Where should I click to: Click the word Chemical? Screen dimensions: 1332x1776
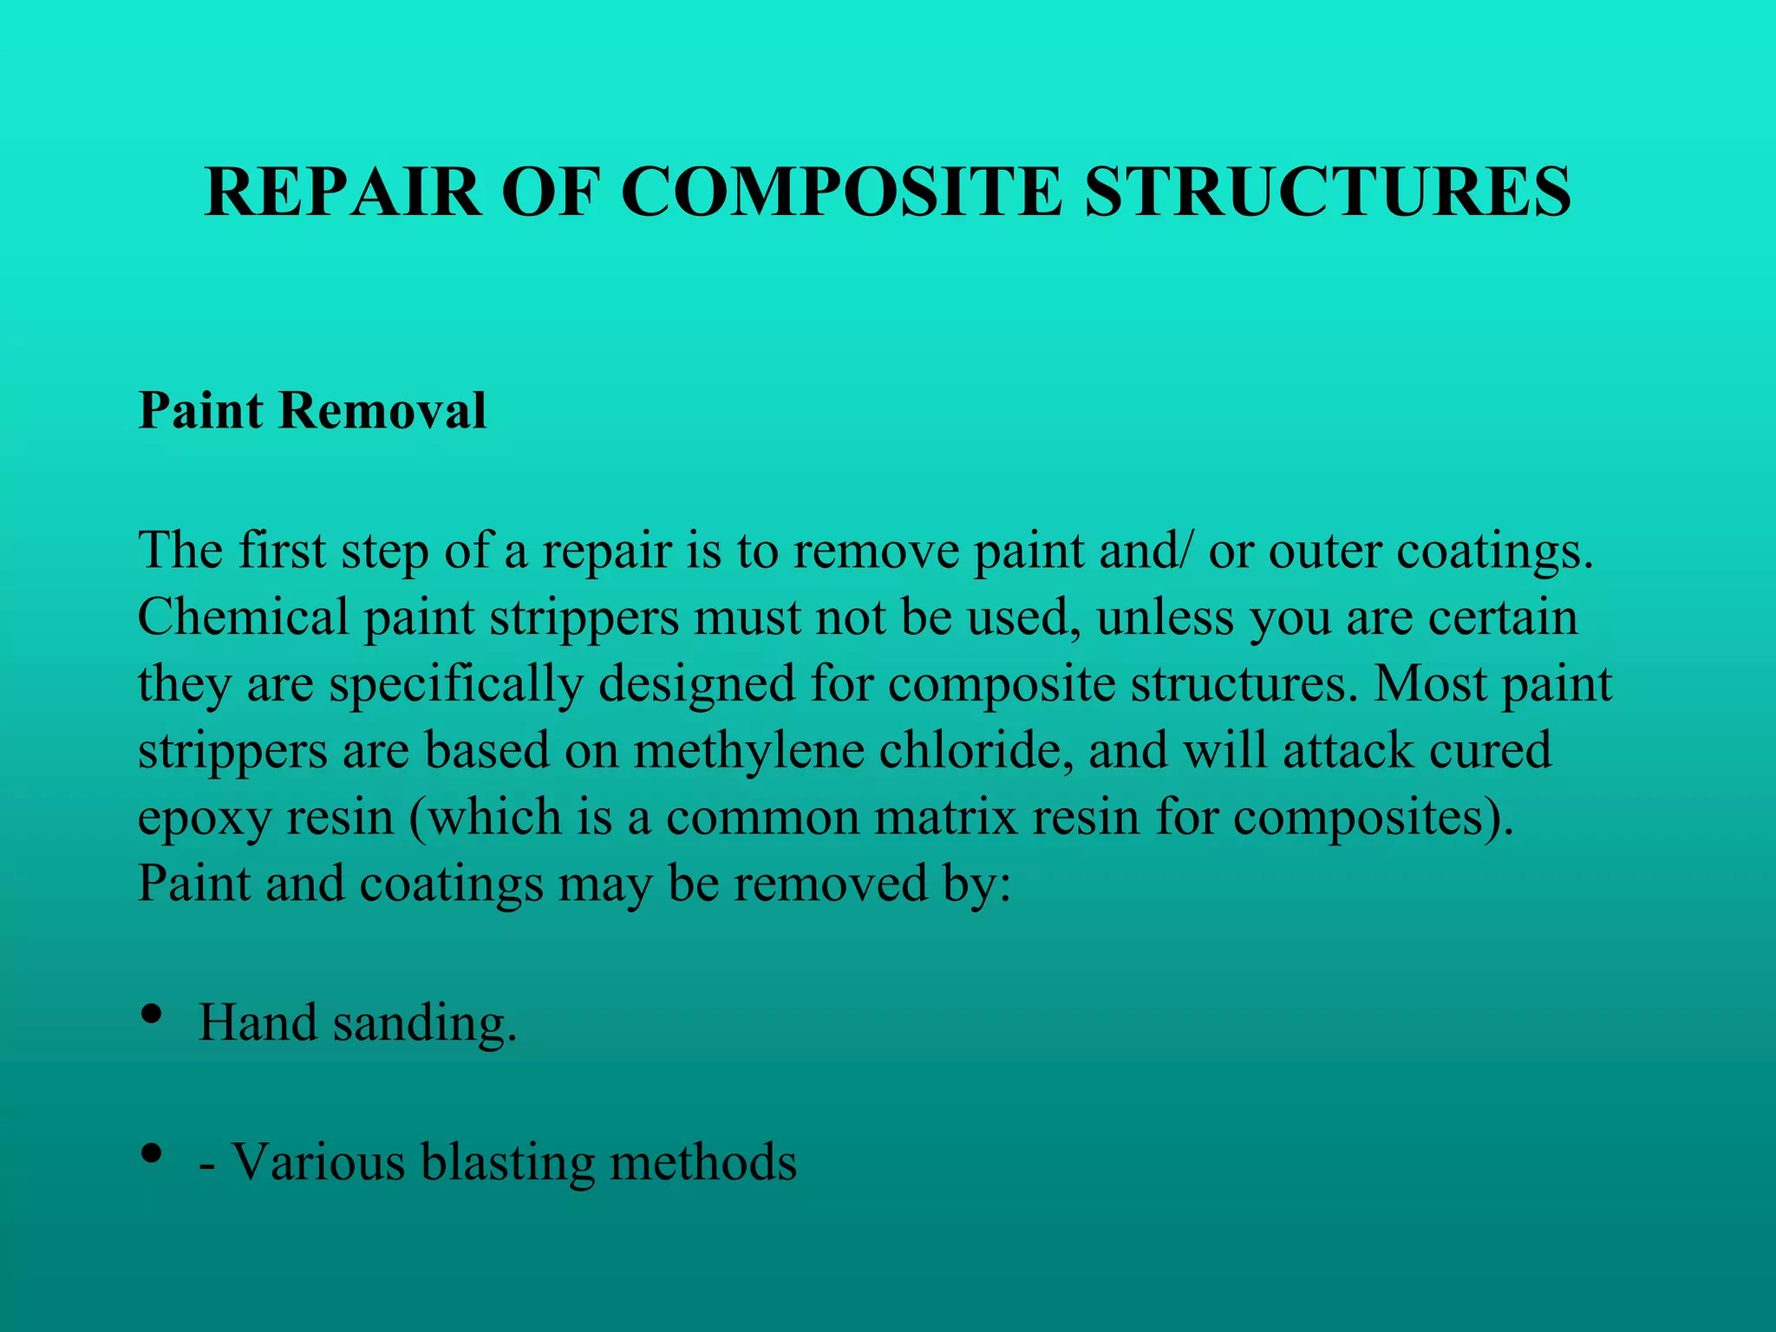tap(242, 617)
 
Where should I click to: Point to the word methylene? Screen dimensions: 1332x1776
tap(748, 751)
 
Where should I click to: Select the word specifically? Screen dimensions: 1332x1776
tap(456, 684)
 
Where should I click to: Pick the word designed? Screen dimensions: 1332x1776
tap(696, 684)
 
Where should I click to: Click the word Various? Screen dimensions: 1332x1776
tap(317, 1162)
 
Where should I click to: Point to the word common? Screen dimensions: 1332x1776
tap(762, 817)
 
